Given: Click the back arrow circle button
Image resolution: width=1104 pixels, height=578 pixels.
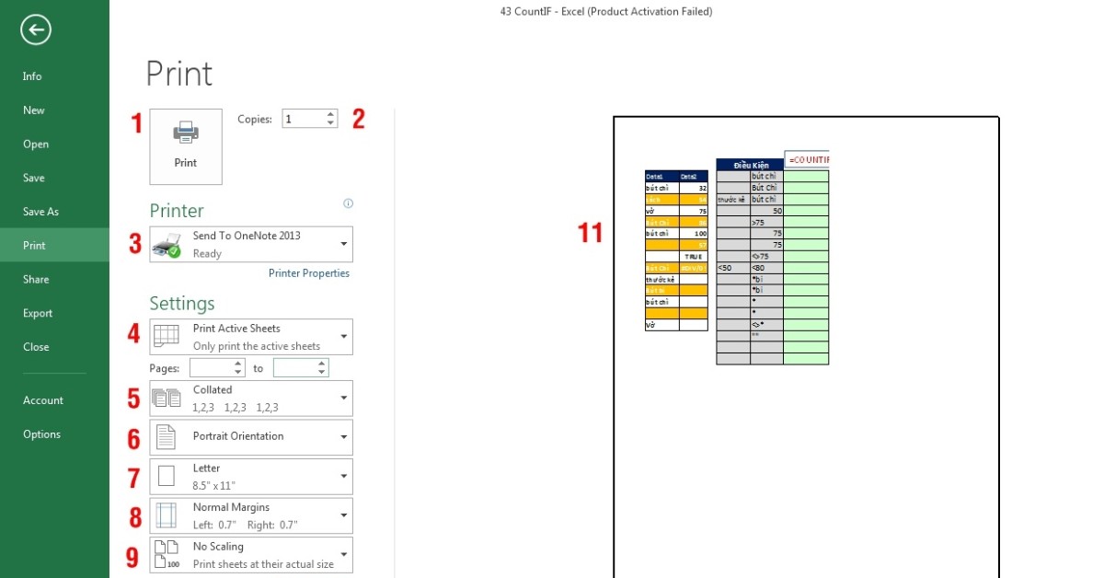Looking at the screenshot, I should [x=36, y=30].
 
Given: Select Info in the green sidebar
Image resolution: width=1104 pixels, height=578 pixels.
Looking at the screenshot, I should [x=32, y=76].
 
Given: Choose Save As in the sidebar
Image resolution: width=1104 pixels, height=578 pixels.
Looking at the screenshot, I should [x=40, y=212].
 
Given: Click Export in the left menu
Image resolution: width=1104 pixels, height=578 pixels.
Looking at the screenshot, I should [x=38, y=313].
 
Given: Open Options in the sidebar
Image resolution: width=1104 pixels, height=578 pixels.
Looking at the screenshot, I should [x=41, y=434].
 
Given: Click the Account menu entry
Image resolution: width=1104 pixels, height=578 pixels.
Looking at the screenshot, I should [x=43, y=400].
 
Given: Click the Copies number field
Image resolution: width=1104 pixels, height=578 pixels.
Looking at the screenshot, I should [x=303, y=119].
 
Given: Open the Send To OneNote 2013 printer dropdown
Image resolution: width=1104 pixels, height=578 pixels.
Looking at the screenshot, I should [x=250, y=244].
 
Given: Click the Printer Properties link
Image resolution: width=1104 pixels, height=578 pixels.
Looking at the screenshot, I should [x=308, y=273].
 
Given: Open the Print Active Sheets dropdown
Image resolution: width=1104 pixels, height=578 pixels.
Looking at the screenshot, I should [x=250, y=337].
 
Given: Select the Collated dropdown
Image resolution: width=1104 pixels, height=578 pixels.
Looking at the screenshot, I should [x=250, y=399].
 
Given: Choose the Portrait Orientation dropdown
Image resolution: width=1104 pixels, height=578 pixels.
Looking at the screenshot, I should [x=250, y=436].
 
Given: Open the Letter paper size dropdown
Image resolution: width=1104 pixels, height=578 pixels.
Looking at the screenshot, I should [x=250, y=476].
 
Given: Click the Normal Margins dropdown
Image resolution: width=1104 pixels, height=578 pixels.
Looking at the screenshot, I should [x=250, y=515].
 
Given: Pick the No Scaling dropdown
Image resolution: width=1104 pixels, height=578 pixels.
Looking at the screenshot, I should [x=250, y=555].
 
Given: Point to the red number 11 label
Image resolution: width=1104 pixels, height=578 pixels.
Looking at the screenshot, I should [x=590, y=234].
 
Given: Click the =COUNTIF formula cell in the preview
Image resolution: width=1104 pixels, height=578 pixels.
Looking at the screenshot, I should [x=807, y=160].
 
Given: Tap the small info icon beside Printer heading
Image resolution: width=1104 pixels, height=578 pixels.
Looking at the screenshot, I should [x=348, y=203].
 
